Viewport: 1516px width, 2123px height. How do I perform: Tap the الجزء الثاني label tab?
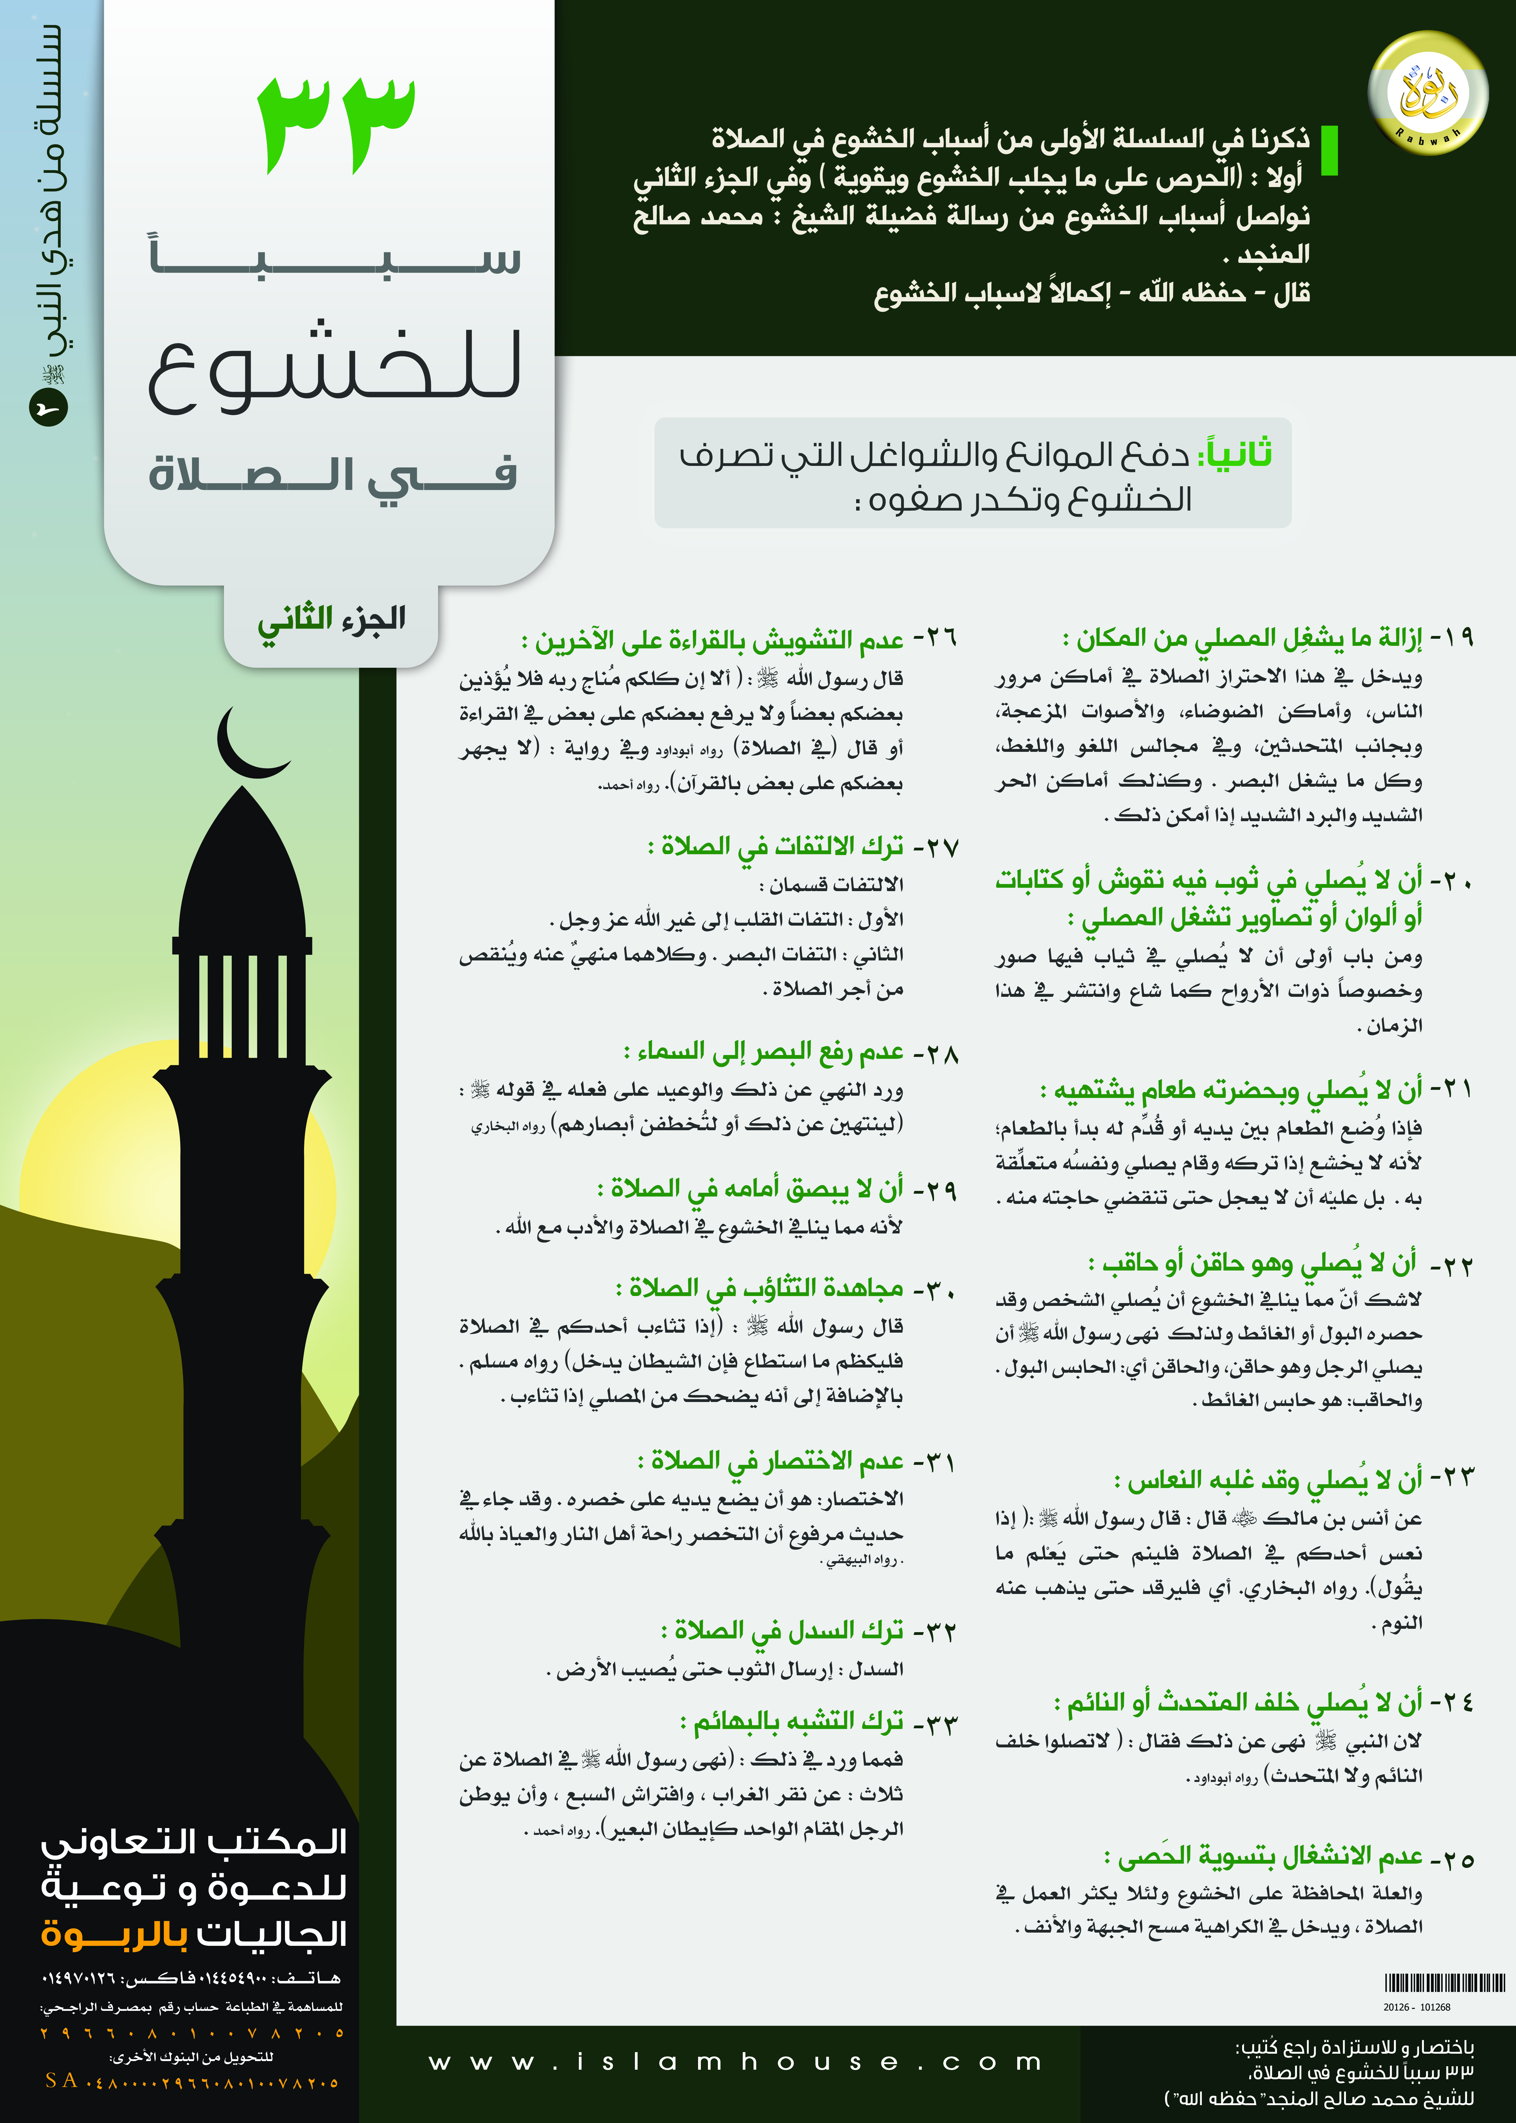click(331, 620)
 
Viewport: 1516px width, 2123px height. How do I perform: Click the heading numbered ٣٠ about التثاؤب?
click(784, 1289)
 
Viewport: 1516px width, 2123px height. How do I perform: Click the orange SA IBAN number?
click(191, 2081)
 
